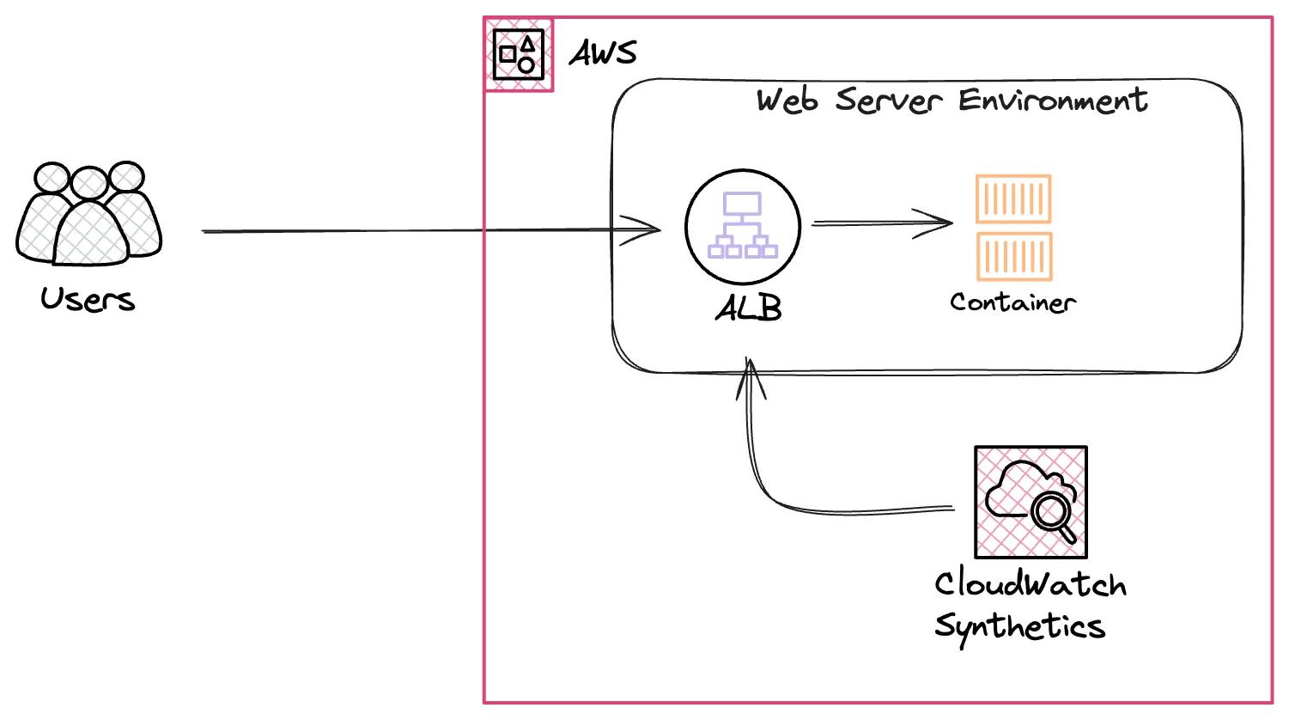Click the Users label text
pos(88,300)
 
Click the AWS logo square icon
pos(519,55)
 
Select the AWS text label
pos(604,53)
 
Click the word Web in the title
pos(787,101)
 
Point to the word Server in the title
pos(888,100)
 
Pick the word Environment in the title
pos(1053,101)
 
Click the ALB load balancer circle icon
pos(743,227)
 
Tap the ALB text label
pos(749,308)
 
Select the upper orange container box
pos(1013,199)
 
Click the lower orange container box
pos(1014,256)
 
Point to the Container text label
pos(1012,302)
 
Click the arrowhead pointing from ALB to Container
pos(939,223)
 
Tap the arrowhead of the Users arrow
pos(648,229)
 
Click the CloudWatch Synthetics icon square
pos(1031,502)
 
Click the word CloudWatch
pos(1030,585)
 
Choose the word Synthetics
pos(1019,626)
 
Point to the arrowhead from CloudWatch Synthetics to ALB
pos(750,374)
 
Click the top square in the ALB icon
pos(742,204)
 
